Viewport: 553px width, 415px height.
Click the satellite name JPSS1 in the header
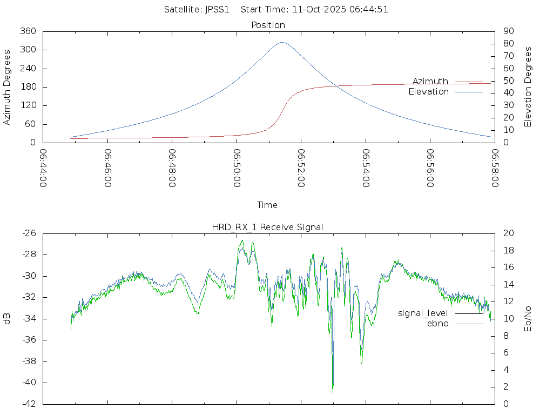217,9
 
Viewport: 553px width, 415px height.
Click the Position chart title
268,25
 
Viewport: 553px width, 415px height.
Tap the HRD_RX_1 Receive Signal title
267,227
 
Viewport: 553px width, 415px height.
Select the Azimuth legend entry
430,81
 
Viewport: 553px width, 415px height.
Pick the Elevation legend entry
429,92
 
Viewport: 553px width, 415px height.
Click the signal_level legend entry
423,313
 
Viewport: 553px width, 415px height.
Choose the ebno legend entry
438,323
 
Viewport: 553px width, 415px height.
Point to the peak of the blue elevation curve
282,42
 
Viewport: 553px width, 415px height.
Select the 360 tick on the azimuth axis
28,31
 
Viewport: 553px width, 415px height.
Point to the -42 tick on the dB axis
28,404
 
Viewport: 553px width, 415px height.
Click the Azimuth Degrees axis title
8,87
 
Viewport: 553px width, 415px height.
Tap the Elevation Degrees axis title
528,87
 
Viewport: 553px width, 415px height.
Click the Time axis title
267,205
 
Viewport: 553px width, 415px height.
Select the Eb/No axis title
528,318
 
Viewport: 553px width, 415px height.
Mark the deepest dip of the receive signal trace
333,392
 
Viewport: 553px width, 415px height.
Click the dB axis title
8,318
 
